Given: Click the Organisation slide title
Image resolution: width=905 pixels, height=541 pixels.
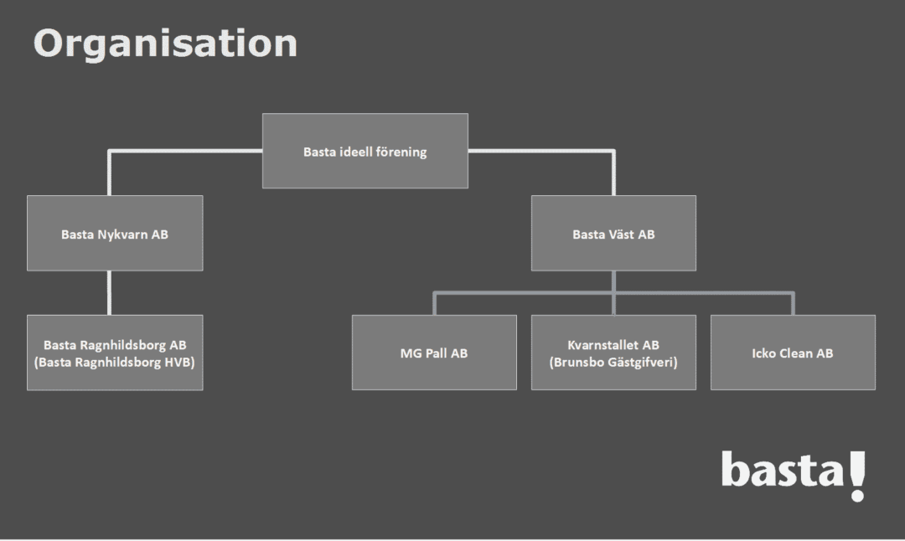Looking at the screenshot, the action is point(166,44).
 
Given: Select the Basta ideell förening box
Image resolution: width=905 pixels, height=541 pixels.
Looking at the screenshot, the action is point(365,151).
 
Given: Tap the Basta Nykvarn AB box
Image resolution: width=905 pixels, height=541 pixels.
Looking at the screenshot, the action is point(115,233).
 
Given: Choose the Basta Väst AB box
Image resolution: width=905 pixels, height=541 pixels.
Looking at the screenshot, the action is point(613,233).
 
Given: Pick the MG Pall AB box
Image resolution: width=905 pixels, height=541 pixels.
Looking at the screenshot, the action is point(434,353).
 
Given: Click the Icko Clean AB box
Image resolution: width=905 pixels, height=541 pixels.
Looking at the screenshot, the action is point(793,353).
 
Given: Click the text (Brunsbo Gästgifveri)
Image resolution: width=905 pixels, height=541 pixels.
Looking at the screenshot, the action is point(613,363).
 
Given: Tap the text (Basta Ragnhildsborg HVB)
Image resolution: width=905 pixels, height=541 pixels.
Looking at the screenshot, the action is point(114,363).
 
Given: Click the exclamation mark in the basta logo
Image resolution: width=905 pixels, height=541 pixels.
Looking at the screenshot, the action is point(858,477).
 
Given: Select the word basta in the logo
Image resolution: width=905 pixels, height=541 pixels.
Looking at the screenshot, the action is point(783,469).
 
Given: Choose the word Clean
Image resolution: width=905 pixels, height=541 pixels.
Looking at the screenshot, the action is point(797,353).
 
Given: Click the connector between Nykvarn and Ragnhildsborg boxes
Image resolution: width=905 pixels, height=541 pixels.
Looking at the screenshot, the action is point(109,293).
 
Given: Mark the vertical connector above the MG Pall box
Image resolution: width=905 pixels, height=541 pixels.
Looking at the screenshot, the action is point(435,304).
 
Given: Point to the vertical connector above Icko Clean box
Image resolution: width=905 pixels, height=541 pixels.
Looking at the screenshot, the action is point(793,304).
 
